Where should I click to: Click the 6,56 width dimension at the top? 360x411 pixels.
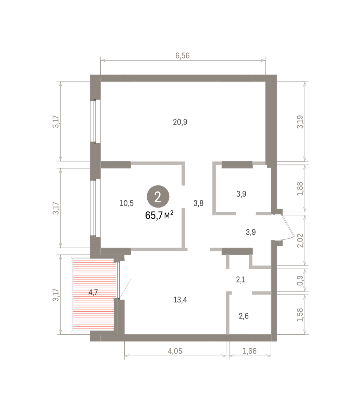coord(183,55)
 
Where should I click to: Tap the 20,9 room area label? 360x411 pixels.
coord(180,122)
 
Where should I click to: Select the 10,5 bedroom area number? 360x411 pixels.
coord(126,203)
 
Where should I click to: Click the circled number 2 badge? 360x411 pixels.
coord(158,197)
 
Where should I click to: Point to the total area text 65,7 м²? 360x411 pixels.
coord(159,215)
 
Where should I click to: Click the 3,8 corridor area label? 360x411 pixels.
coord(198,203)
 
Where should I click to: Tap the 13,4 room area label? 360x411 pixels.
coord(180,300)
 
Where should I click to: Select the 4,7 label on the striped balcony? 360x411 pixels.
coord(93,292)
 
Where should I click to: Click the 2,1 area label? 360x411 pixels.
coord(241,279)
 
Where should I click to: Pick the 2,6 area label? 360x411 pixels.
coord(244,316)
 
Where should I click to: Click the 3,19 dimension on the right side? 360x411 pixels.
coord(300,122)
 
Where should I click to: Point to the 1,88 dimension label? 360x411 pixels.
coord(300,189)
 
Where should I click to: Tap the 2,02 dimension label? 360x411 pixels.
coord(300,240)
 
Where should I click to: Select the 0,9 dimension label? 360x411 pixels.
coord(300,281)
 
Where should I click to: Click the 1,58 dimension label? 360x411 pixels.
coord(300,315)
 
